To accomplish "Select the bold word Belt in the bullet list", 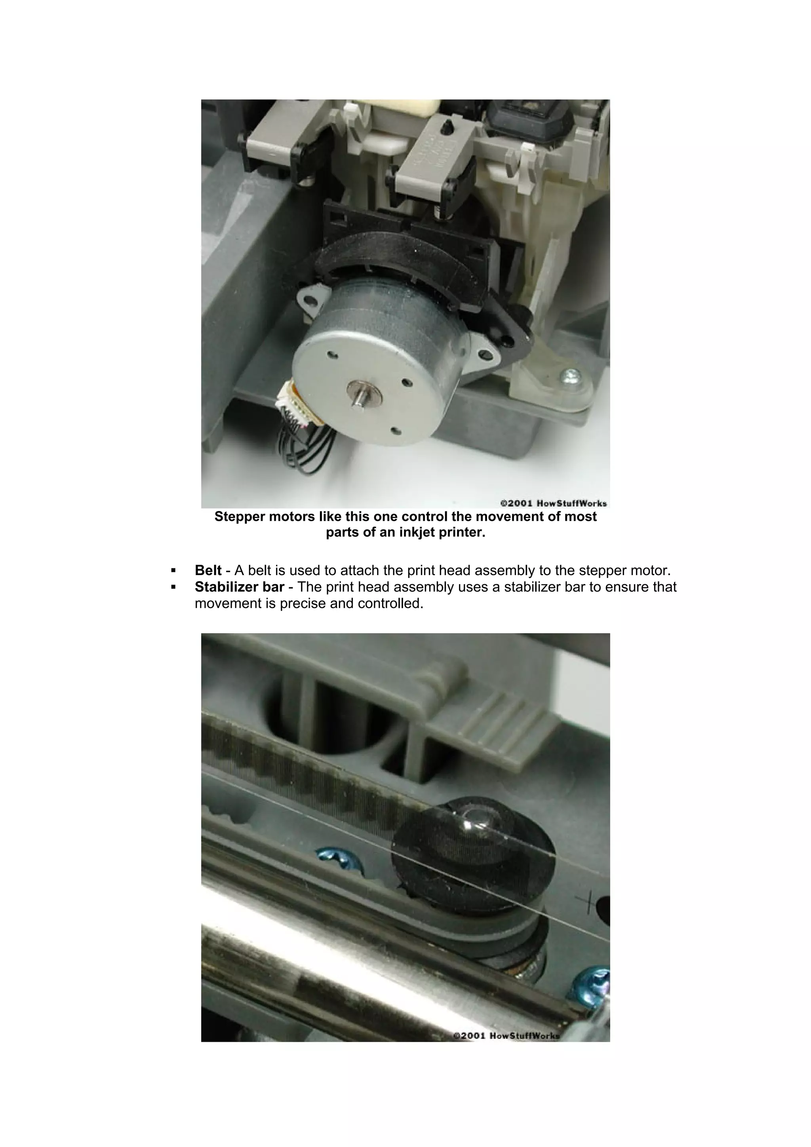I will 208,570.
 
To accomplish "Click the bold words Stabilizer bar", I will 239,587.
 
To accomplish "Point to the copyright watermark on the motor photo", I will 554,503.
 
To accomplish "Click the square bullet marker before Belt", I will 173,570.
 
